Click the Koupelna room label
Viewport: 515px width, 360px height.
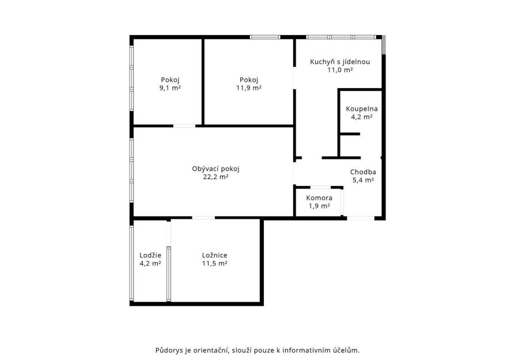click(362, 109)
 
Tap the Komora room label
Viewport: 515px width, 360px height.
click(319, 198)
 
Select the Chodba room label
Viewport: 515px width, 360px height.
click(363, 172)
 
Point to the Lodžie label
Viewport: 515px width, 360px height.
click(150, 255)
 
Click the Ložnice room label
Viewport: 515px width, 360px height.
click(214, 255)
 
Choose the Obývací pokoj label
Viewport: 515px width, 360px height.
click(216, 169)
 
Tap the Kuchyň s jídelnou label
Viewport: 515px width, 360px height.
click(340, 62)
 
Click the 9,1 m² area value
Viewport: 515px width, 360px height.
click(170, 88)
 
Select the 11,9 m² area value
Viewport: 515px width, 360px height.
click(249, 88)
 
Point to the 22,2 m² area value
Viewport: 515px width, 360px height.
click(216, 177)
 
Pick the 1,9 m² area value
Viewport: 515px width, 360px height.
click(319, 206)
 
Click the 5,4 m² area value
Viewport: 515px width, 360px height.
click(363, 180)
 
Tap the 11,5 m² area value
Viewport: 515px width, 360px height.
click(214, 263)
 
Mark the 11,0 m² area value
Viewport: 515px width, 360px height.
click(340, 70)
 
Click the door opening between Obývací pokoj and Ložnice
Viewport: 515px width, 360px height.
click(203, 218)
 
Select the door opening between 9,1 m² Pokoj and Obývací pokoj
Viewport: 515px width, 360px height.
click(184, 126)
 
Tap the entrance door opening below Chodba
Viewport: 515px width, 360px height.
click(361, 218)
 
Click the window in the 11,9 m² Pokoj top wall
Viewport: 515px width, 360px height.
click(265, 37)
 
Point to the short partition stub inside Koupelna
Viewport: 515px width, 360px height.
click(350, 134)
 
